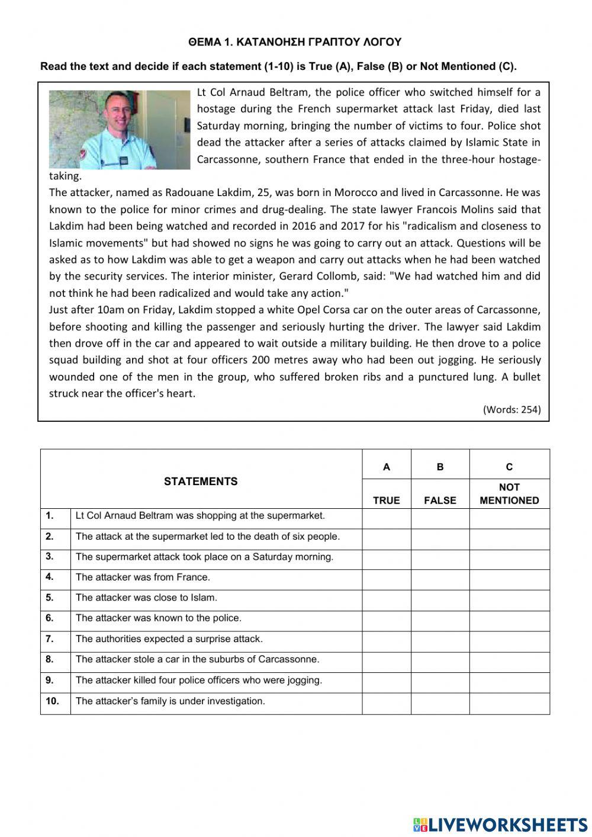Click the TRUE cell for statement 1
pyautogui.click(x=386, y=518)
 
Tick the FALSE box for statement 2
pyautogui.click(x=440, y=539)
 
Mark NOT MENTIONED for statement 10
pyautogui.click(x=509, y=703)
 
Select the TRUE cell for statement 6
pyautogui.click(x=386, y=621)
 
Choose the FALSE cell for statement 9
pyautogui.click(x=440, y=682)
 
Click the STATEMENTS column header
pyautogui.click(x=201, y=482)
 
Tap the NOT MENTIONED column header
pyautogui.click(x=509, y=493)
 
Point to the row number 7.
pyautogui.click(x=50, y=639)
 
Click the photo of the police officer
pyautogui.click(x=119, y=130)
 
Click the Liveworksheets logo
pyautogui.click(x=500, y=825)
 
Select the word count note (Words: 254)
pyautogui.click(x=512, y=409)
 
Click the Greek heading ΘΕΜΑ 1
pyautogui.click(x=295, y=42)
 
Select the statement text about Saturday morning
pyautogui.click(x=204, y=557)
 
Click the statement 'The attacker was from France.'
pyautogui.click(x=143, y=577)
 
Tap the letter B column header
pyautogui.click(x=440, y=467)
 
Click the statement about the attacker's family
pyautogui.click(x=170, y=701)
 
